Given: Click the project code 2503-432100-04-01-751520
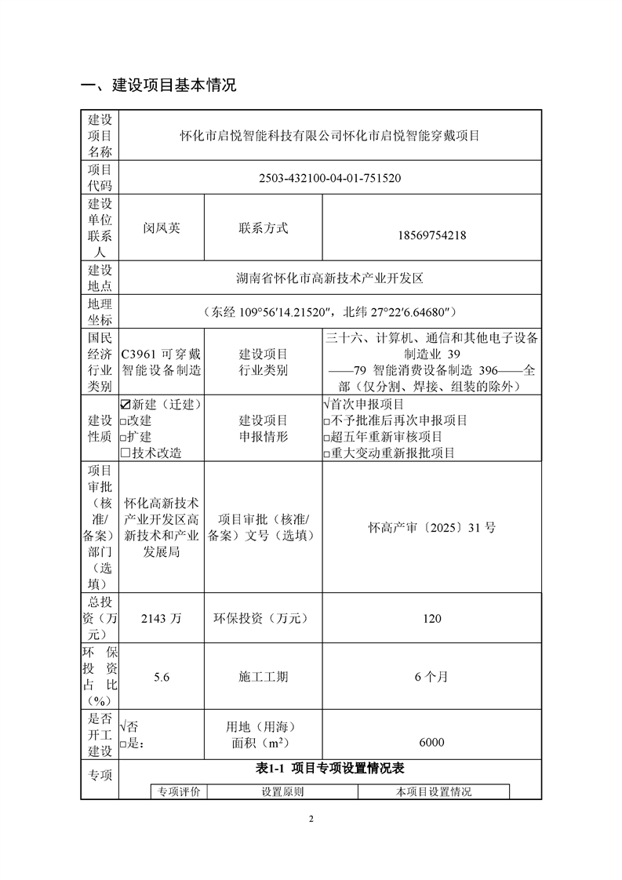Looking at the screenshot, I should point(329,178).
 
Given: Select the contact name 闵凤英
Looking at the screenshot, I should point(162,228).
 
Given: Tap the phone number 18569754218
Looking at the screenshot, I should point(431,234).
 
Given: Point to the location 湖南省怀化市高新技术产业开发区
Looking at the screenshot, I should point(329,278).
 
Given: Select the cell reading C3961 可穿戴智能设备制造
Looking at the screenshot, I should point(162,362).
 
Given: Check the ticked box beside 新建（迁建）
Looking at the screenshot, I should point(125,405).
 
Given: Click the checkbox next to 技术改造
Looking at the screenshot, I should point(125,453).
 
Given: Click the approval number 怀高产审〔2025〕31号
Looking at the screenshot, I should point(431,528).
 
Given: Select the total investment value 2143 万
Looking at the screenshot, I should point(162,619).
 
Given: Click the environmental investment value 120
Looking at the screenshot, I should point(431,619).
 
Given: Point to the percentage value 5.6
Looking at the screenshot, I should point(162,676).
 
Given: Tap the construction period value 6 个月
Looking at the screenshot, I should point(431,676).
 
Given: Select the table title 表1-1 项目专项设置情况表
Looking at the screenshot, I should point(329,769).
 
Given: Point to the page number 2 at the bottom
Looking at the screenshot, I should point(311,820).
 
